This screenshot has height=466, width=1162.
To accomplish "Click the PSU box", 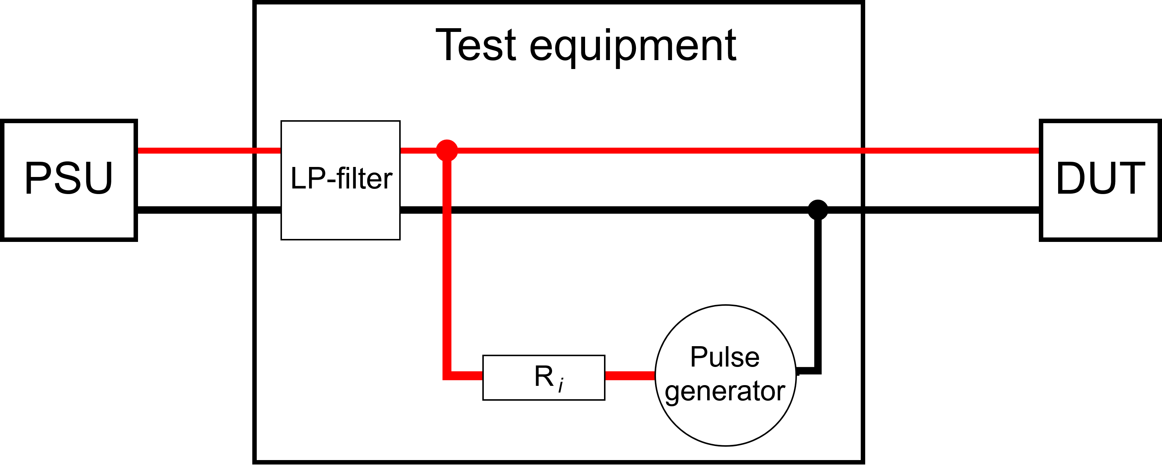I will (69, 180).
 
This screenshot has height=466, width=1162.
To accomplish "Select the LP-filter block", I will (341, 180).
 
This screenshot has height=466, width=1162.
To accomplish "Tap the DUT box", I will (1100, 180).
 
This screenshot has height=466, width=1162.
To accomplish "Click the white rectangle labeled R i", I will (544, 378).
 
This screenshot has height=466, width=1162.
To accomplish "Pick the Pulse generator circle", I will (725, 375).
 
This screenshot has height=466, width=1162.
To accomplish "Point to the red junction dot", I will (447, 150).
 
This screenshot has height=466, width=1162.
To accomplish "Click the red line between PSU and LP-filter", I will (209, 150).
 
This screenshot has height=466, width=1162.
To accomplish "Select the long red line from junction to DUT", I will (744, 150).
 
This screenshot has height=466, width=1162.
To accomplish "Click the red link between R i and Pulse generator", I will (630, 376).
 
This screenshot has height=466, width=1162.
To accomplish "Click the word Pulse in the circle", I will (725, 357).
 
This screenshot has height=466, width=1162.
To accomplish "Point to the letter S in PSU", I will (68, 178).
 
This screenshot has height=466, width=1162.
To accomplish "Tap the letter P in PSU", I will (37, 178).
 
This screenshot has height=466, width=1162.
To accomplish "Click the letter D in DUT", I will (1071, 178).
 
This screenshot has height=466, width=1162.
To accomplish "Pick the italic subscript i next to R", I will (561, 386).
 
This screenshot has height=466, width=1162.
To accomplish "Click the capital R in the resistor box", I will (544, 376).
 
